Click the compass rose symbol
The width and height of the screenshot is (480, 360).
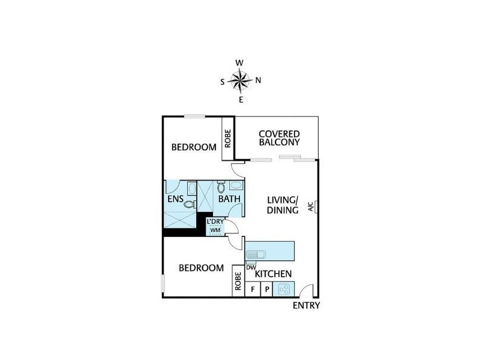point(240,79)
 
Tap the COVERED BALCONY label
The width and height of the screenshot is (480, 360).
point(279,137)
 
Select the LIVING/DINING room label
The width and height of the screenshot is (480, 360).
point(283,205)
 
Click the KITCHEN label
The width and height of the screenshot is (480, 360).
point(274,274)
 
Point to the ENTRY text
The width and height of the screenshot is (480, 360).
point(306,305)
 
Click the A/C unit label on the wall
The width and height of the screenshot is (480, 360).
point(311,207)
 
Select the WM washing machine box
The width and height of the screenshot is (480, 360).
point(215,230)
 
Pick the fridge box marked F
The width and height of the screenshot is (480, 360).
point(253,289)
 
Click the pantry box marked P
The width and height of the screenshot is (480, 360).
point(267,289)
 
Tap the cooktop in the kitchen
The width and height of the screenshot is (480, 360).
point(283,289)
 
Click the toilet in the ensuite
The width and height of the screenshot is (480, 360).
point(190,205)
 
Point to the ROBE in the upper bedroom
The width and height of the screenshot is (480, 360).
point(228,139)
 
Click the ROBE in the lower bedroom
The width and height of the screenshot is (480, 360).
point(238,282)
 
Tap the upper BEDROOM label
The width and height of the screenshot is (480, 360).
point(194,147)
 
